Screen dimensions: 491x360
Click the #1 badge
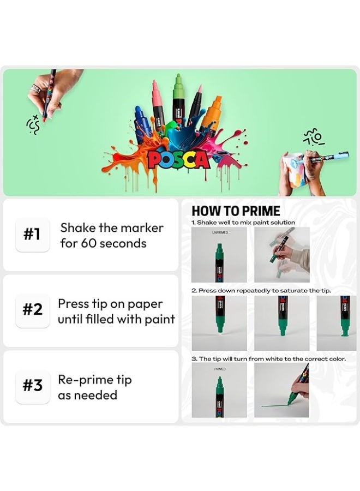[x=33, y=235]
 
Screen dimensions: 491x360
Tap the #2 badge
[x=33, y=310]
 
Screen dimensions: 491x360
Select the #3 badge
[x=33, y=386]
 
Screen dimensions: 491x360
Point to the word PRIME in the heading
[x=258, y=211]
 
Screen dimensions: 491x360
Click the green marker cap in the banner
[x=178, y=87]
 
